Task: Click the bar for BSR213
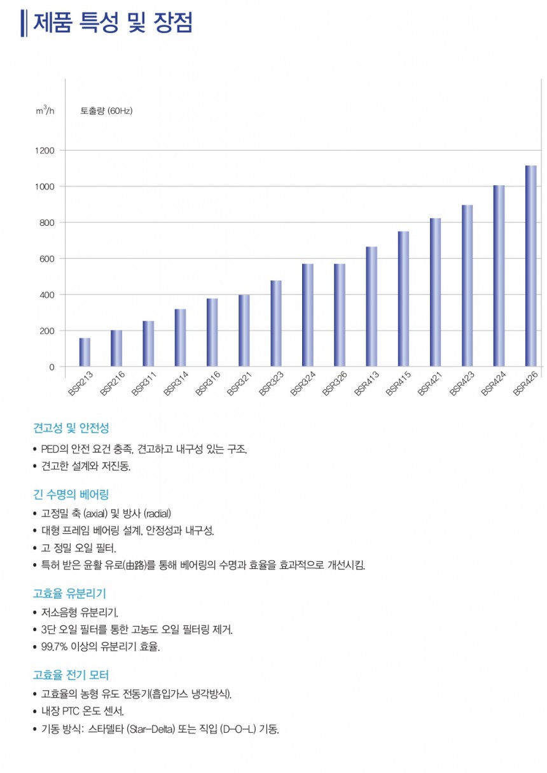click(x=85, y=352)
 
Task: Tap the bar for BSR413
click(x=371, y=307)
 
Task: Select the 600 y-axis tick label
click(x=47, y=259)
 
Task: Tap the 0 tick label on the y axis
click(x=52, y=367)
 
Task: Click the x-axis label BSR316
click(x=208, y=384)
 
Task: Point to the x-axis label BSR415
click(x=399, y=384)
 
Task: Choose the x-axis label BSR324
click(x=303, y=384)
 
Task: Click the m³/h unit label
click(x=45, y=111)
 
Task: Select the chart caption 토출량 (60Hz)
click(x=106, y=111)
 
